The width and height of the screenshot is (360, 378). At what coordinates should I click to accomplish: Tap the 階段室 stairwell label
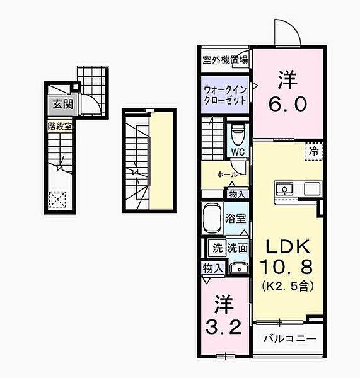pyautogui.click(x=61, y=126)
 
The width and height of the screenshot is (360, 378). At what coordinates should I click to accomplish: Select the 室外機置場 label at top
pyautogui.click(x=225, y=60)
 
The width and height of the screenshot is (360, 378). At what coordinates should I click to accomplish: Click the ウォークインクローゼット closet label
pyautogui.click(x=225, y=94)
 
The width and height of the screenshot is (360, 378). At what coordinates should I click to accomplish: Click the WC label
pyautogui.click(x=237, y=152)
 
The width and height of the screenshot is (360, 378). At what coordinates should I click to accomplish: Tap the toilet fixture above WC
pyautogui.click(x=237, y=134)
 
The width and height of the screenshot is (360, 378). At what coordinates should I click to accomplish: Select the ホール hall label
pyautogui.click(x=226, y=174)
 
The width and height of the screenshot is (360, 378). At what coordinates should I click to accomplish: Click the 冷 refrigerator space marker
pyautogui.click(x=313, y=150)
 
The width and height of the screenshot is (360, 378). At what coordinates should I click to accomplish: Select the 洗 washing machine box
pyautogui.click(x=216, y=248)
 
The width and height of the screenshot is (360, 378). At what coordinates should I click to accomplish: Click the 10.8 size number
pyautogui.click(x=288, y=267)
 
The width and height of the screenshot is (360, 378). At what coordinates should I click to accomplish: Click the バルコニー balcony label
pyautogui.click(x=290, y=338)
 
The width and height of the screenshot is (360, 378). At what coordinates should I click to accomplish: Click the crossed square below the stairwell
pyautogui.click(x=57, y=199)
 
